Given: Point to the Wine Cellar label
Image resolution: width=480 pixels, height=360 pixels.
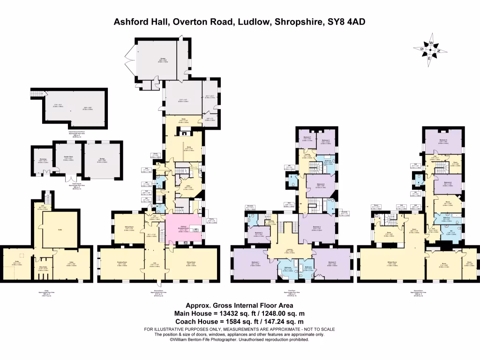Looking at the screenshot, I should click(43, 269).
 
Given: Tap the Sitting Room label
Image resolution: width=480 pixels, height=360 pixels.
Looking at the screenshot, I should click(128, 228).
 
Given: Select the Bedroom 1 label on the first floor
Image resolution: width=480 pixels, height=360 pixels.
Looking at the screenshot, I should click(255, 264).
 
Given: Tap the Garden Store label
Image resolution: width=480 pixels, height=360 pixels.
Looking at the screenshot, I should click(67, 159).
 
